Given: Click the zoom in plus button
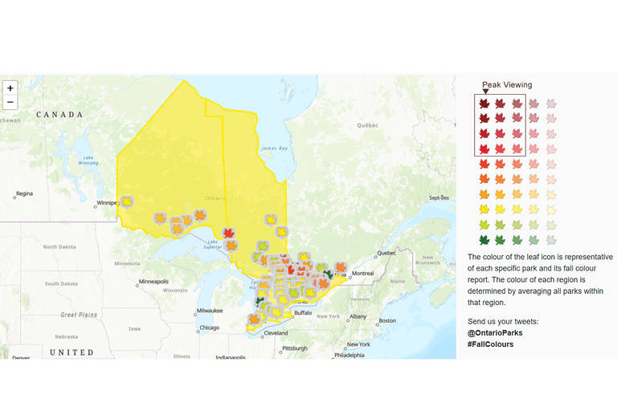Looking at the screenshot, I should tap(10, 87).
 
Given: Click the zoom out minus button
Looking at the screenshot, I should tap(10, 103).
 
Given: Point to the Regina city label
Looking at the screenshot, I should tap(24, 193).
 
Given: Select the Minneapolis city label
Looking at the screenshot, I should tap(154, 282).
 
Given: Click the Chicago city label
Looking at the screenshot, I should tap(210, 328).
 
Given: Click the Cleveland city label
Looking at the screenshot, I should tap(275, 332).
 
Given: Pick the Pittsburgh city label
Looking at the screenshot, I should tap(293, 348).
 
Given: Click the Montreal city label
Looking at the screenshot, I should tap(362, 274).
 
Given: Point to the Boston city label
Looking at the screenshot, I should tap(387, 320).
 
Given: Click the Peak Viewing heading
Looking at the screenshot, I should tap(506, 84).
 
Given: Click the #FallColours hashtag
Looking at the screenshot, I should tap(490, 344).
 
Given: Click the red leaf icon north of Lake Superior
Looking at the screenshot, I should tap(228, 234).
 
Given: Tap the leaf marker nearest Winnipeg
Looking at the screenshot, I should tap(126, 201).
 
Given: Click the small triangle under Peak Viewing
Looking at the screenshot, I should tap(484, 92).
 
